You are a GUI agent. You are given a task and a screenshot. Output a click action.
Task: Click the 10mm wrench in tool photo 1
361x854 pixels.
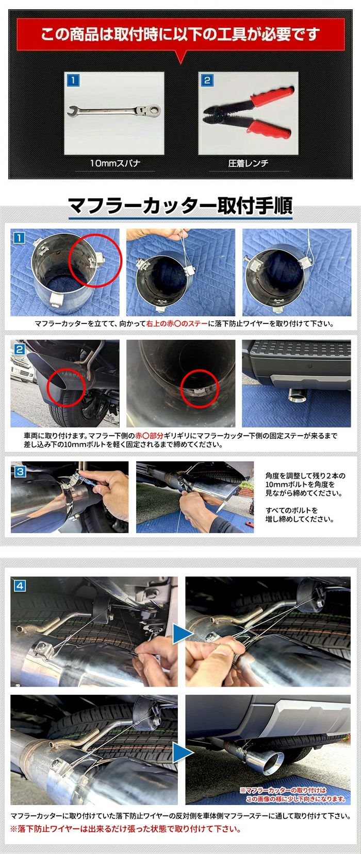[x=114, y=111]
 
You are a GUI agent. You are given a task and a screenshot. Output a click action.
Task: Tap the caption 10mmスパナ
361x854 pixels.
[x=115, y=163]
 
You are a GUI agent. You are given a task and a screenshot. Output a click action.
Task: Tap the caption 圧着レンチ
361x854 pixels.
[x=249, y=163]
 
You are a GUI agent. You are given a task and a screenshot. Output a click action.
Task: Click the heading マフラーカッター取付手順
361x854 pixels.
[x=180, y=206]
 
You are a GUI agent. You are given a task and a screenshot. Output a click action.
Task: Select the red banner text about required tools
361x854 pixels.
[x=180, y=35]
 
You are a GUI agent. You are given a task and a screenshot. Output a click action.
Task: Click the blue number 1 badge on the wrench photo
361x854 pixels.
[x=73, y=80]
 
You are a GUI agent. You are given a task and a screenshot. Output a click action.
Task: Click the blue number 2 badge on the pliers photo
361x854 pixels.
[x=207, y=80]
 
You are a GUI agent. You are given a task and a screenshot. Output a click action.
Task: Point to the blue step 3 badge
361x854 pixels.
[x=20, y=472]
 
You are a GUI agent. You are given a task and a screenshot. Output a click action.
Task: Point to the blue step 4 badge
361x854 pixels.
[x=20, y=586]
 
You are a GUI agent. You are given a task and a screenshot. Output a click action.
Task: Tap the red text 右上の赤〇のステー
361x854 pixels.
[x=177, y=323]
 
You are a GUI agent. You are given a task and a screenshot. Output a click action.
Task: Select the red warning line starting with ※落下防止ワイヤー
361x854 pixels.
[x=125, y=829]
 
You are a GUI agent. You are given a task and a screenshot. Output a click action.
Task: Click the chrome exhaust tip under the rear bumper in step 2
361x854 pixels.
[x=298, y=396]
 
